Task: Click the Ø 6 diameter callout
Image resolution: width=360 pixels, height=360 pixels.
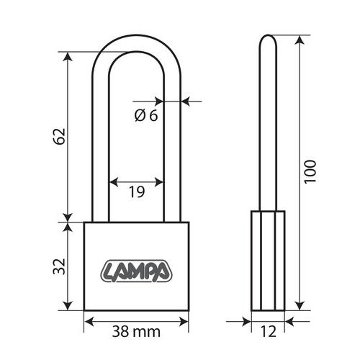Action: pyautogui.click(x=145, y=115)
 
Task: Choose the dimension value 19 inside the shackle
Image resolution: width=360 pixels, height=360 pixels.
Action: pyautogui.click(x=136, y=192)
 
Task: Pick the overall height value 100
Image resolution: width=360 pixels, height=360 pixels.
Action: pyautogui.click(x=310, y=171)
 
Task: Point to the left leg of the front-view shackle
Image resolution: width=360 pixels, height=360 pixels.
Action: pyautogui.click(x=100, y=144)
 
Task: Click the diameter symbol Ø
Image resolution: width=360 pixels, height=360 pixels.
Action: pyautogui.click(x=139, y=115)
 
